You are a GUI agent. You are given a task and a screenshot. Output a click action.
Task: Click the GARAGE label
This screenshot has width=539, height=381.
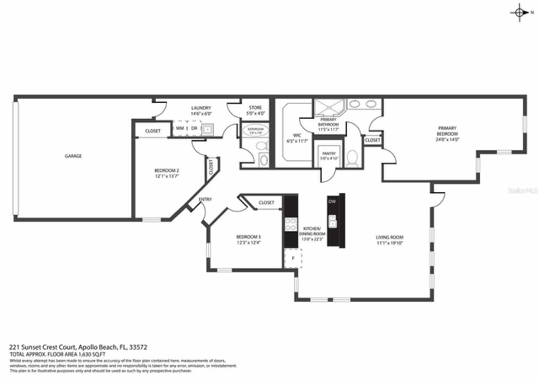(73, 156)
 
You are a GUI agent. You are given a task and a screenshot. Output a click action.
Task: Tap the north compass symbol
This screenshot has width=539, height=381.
(520, 12)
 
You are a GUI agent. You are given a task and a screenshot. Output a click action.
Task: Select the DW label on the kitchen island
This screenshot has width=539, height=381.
(332, 202)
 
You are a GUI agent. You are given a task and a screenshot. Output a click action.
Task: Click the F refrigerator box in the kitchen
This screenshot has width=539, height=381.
(293, 258)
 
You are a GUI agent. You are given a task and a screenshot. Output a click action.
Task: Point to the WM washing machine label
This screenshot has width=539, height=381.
(180, 128)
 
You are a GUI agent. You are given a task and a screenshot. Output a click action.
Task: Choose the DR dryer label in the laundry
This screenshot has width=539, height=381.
(194, 128)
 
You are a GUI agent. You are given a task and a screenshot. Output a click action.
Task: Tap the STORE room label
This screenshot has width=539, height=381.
(255, 108)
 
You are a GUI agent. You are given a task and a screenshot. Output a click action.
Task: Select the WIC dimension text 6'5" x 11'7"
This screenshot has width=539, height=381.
(297, 141)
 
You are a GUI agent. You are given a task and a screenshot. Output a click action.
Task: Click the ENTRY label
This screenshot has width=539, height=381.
(205, 199)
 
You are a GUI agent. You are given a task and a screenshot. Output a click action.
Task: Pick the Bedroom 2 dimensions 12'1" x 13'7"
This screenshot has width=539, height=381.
(166, 177)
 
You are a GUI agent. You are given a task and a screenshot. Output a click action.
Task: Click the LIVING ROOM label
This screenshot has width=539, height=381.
(390, 237)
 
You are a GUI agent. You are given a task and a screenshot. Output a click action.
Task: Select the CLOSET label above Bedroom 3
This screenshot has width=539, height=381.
(266, 203)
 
